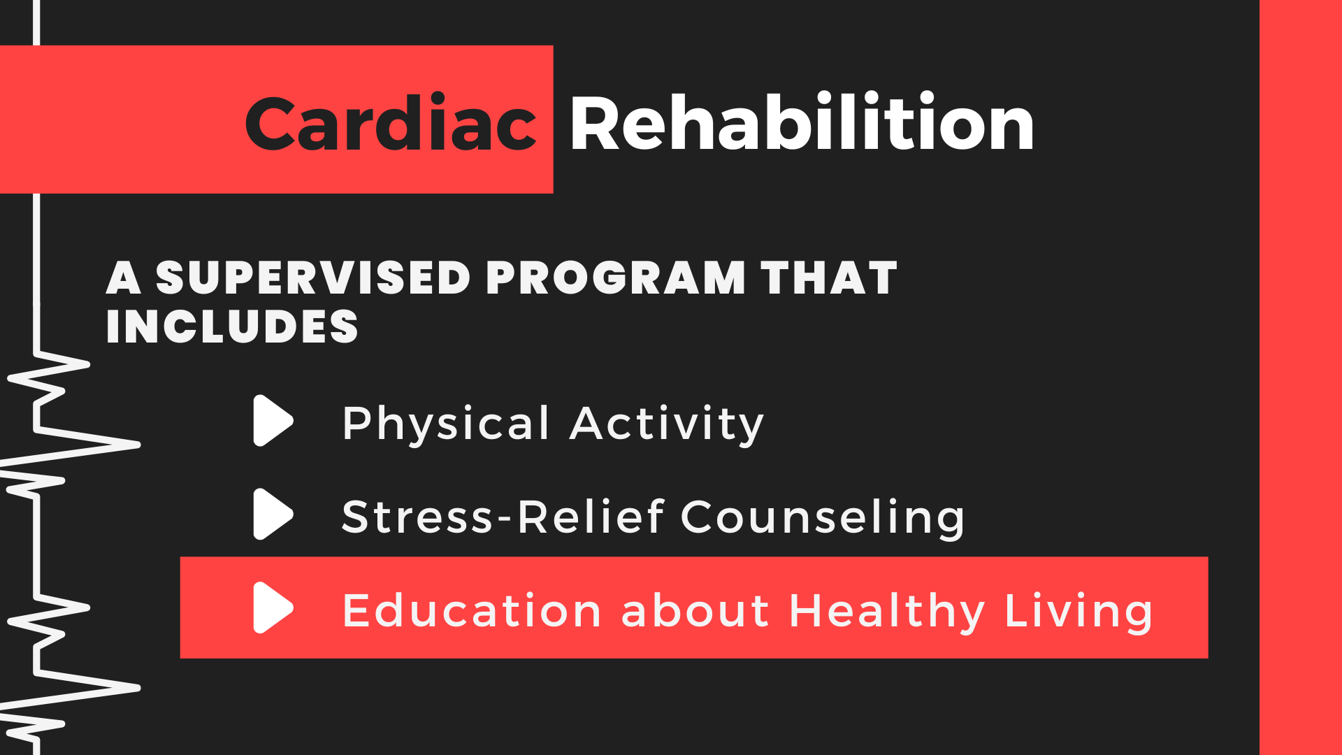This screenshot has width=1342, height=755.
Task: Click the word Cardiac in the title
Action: point(391,122)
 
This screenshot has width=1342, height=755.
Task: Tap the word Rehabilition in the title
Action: point(802,122)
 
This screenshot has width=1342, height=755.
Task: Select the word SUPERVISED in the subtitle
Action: point(313,278)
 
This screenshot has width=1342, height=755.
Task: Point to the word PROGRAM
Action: point(616,278)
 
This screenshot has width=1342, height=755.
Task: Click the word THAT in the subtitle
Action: point(829,278)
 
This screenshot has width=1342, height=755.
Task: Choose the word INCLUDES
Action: point(232,326)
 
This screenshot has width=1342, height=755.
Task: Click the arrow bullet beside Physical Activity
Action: point(273,421)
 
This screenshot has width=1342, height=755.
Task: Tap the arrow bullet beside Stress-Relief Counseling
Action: point(273,515)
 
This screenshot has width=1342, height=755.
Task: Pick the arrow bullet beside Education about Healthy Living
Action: point(273,607)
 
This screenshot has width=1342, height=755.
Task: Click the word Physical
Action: point(446,424)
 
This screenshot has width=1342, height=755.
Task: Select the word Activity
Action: point(667,424)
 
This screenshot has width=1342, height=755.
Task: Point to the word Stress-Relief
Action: point(503,517)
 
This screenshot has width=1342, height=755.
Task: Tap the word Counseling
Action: point(823,518)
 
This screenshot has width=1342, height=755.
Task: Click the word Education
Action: point(472,610)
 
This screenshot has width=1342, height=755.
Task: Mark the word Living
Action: point(1078,612)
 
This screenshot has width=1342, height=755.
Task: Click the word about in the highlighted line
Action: point(695,610)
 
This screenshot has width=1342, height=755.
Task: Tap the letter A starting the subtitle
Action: point(124,278)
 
